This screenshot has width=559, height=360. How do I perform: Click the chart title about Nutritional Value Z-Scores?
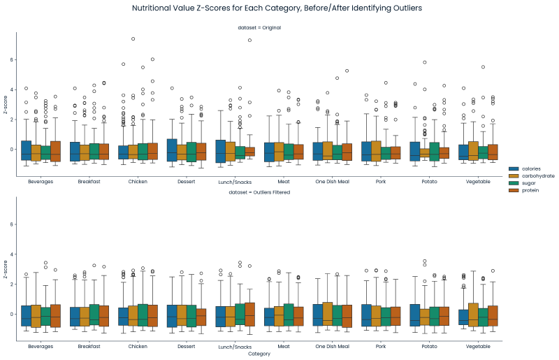(277, 8)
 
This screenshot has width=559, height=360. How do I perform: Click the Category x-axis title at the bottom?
(259, 354)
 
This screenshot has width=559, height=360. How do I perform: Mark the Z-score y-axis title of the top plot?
(6, 105)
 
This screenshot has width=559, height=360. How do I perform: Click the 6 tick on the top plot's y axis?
(12, 60)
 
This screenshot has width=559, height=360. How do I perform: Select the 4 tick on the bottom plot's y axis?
(12, 254)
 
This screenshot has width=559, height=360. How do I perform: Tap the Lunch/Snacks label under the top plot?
(235, 181)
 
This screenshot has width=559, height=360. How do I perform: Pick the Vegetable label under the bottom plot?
(478, 346)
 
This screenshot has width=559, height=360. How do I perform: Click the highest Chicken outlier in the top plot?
(133, 39)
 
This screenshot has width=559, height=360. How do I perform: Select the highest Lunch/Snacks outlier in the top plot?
(249, 40)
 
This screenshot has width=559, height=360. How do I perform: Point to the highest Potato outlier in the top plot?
(424, 62)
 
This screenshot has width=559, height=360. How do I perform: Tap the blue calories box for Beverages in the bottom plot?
(27, 316)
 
